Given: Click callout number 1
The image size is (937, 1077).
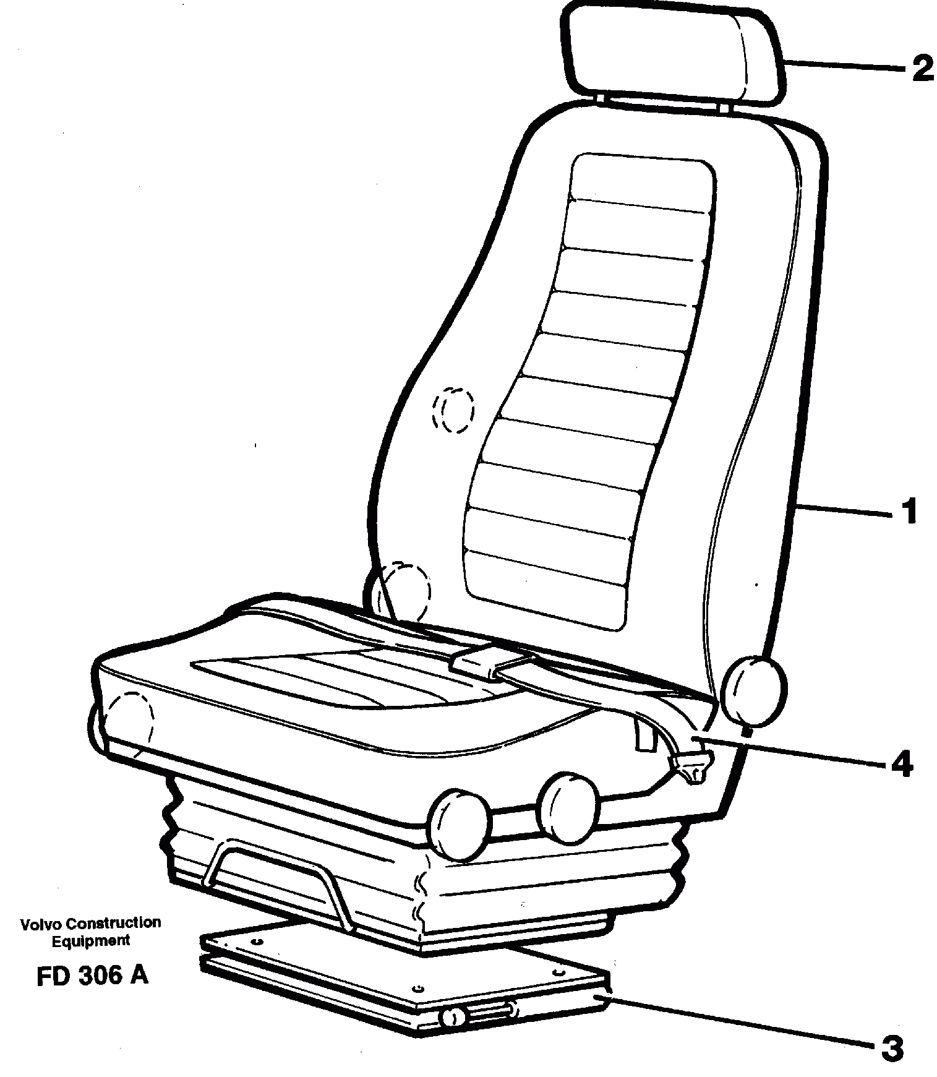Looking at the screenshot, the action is point(907,511).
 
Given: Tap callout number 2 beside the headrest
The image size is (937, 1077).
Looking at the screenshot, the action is point(922,69).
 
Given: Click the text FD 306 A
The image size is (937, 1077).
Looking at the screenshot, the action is point(92,976).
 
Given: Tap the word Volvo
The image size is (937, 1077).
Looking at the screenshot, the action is point(41,924).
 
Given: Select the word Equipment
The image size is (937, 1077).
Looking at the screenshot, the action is point(91,941).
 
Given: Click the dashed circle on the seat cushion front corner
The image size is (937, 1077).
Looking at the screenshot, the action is point(129,720).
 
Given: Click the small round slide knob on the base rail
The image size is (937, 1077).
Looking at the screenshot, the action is point(454,1017).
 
